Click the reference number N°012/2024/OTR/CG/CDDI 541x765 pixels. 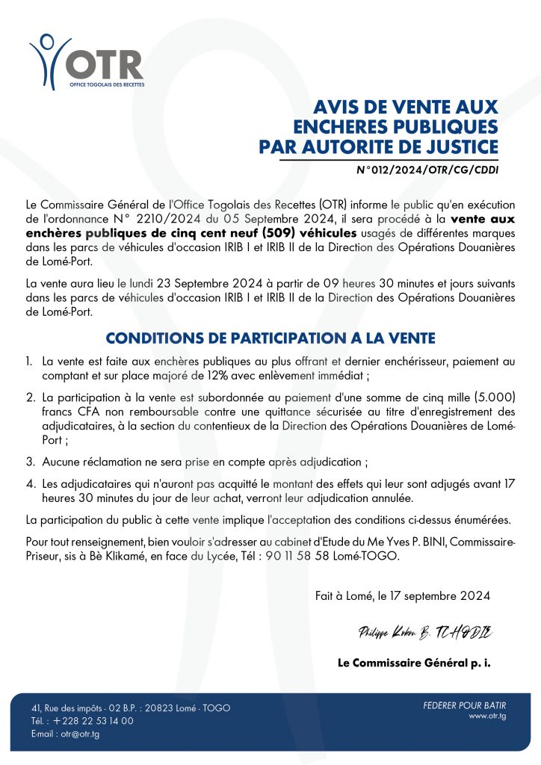click(x=427, y=170)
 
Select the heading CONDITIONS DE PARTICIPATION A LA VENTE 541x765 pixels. click(x=270, y=338)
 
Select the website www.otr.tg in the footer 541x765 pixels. click(x=489, y=716)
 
